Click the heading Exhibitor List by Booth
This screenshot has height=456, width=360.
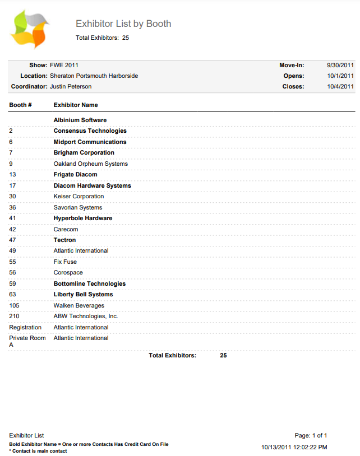click(x=123, y=24)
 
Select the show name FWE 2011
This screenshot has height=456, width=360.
click(x=60, y=66)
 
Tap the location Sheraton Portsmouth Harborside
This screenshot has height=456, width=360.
click(x=94, y=76)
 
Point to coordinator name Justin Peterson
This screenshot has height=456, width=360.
click(x=71, y=86)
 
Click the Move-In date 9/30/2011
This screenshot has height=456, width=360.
click(x=340, y=66)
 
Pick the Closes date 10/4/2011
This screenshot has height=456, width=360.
click(x=341, y=86)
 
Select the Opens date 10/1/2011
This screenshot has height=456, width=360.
click(x=341, y=76)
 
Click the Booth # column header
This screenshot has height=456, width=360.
click(x=20, y=105)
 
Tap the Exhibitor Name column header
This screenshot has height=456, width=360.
click(x=76, y=105)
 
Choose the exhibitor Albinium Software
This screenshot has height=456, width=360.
click(x=80, y=120)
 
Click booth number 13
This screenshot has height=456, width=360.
click(x=12, y=175)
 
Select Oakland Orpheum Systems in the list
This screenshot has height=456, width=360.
click(x=91, y=164)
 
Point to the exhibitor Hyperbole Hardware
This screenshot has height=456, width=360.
click(x=83, y=218)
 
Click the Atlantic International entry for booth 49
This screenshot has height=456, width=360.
click(x=81, y=250)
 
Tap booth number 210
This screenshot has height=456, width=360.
click(x=15, y=316)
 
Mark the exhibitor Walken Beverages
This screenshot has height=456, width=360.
click(x=79, y=305)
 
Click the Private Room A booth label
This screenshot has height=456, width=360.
click(x=27, y=341)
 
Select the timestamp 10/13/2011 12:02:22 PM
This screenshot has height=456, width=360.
click(x=294, y=447)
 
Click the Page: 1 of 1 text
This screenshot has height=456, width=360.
click(x=311, y=435)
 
